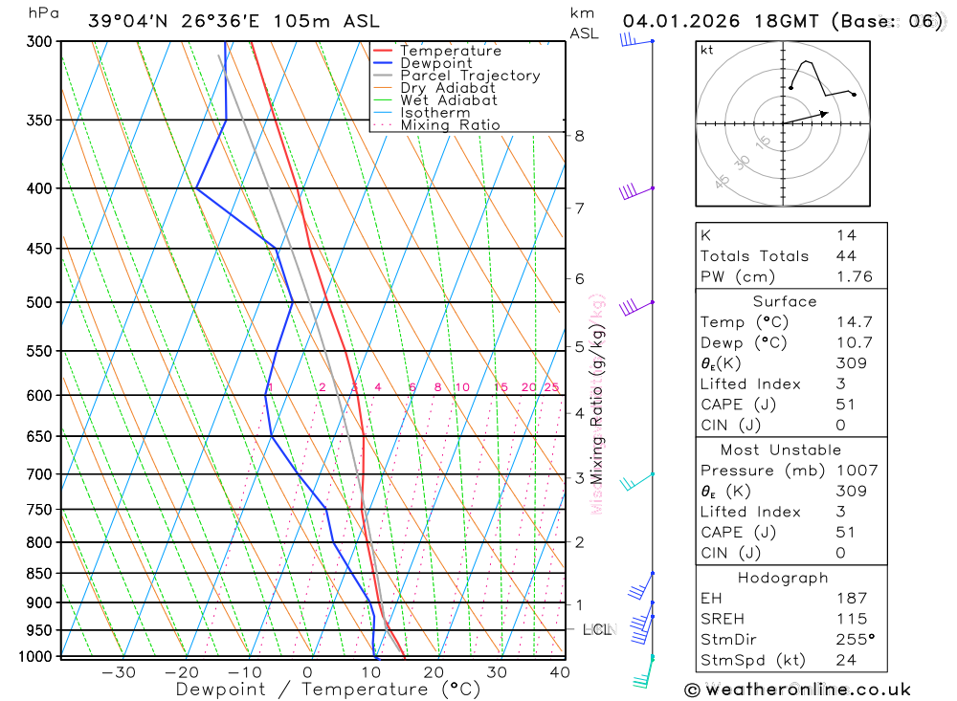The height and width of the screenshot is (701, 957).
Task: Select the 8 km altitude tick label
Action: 580,136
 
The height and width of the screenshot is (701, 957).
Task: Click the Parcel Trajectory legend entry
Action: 470,76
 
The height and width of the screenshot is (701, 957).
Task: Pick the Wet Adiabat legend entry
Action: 449,100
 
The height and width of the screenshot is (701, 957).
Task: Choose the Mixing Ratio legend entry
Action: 450,125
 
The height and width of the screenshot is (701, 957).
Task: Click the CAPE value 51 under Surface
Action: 845,405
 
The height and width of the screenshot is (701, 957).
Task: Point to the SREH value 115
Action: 851,619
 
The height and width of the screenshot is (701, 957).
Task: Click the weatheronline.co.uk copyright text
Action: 798,690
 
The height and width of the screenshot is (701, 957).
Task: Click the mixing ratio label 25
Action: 551,387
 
